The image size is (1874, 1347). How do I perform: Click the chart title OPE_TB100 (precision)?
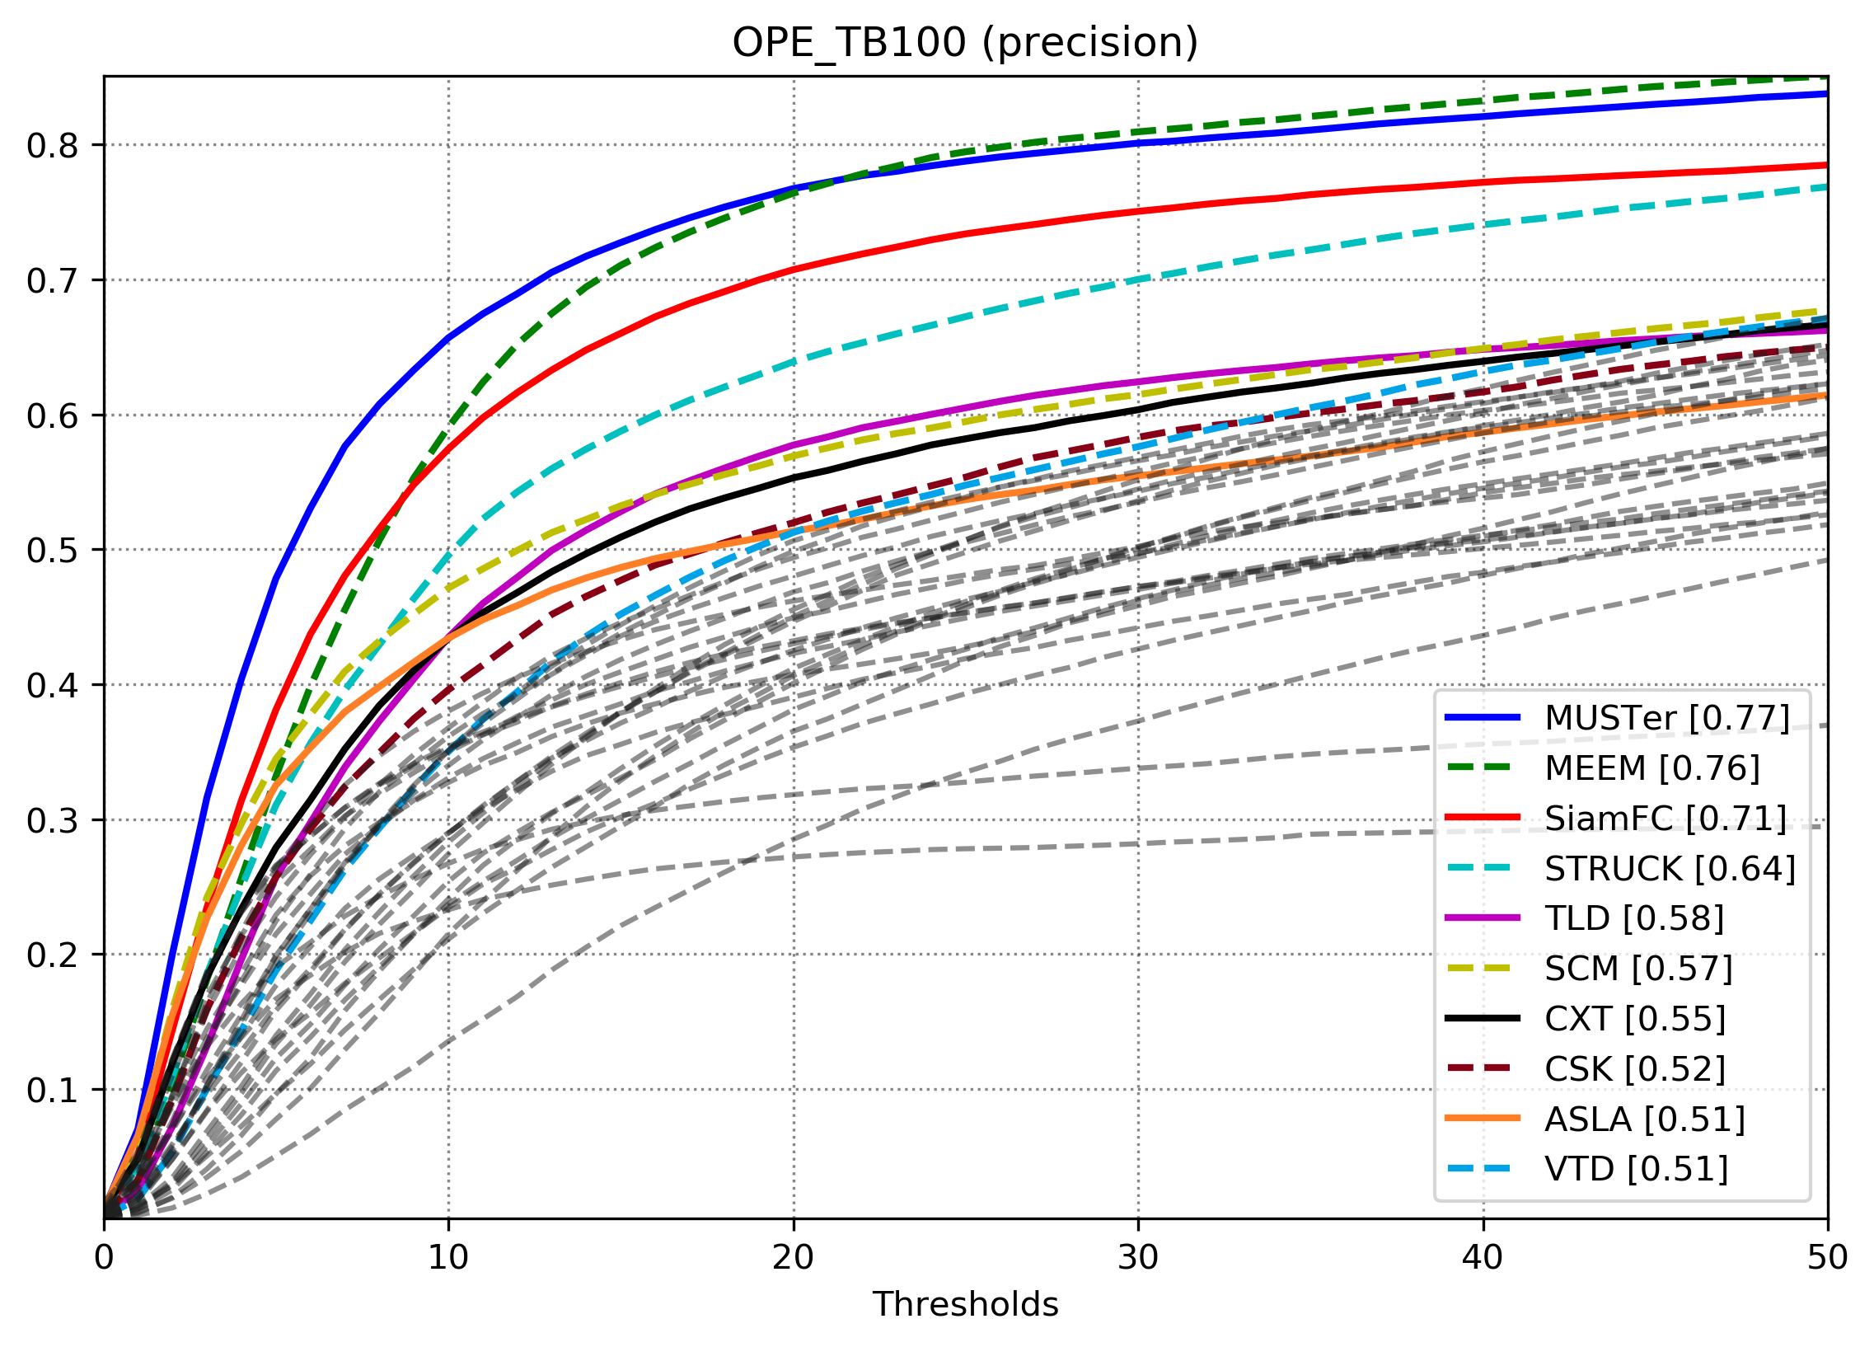click(964, 43)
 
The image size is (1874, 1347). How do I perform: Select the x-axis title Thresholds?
click(964, 1304)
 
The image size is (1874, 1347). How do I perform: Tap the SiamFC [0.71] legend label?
click(1665, 819)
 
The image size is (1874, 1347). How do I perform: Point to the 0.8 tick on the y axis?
click(52, 145)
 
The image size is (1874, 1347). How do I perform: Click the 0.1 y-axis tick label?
click(52, 1090)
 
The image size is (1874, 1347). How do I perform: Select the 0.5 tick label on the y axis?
click(52, 551)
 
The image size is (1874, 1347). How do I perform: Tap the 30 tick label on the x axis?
click(1138, 1258)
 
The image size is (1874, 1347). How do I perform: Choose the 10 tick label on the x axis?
click(447, 1258)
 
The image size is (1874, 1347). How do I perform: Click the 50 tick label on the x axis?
click(1827, 1258)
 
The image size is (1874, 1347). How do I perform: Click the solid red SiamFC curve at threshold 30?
click(1138, 212)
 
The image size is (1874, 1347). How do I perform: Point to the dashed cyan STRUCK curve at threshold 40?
click(1483, 225)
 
